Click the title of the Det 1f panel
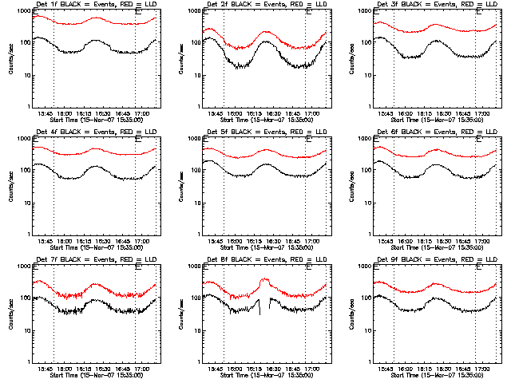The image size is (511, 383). click(93, 6)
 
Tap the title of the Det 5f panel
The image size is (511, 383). click(264, 133)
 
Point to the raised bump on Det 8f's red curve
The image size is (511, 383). click(265, 281)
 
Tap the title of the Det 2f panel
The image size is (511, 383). click(264, 6)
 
